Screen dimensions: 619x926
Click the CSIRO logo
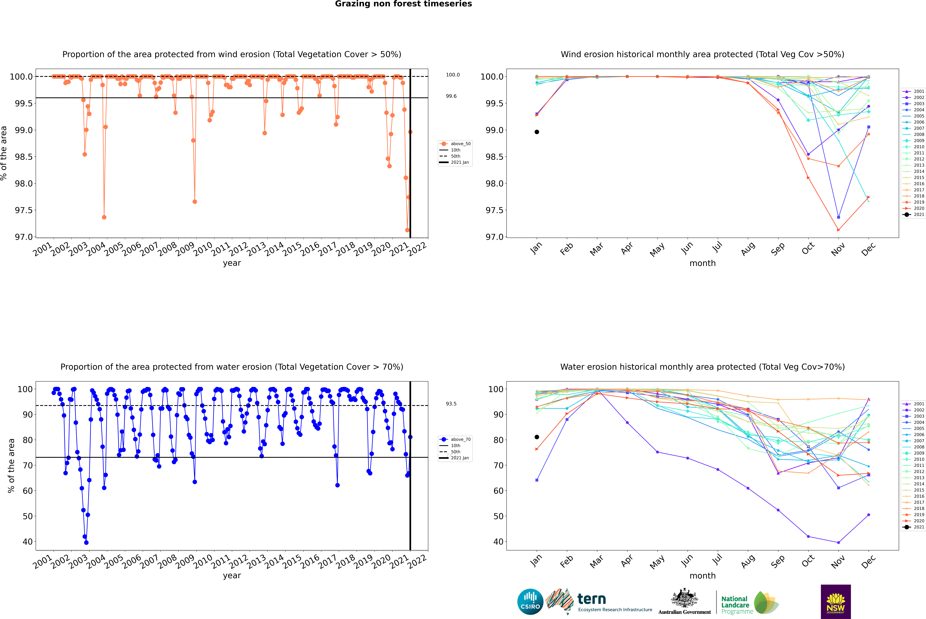pos(530,602)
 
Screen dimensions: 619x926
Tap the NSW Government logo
pos(836,602)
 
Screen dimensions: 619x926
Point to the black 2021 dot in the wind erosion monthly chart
pos(537,132)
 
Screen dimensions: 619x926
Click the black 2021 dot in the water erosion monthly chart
pos(537,437)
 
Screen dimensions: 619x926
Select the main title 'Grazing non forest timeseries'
pos(403,4)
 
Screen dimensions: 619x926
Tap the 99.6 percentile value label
pos(451,96)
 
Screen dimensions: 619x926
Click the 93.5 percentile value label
pos(451,404)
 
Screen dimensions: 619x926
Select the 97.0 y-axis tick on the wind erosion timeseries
pos(24,237)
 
